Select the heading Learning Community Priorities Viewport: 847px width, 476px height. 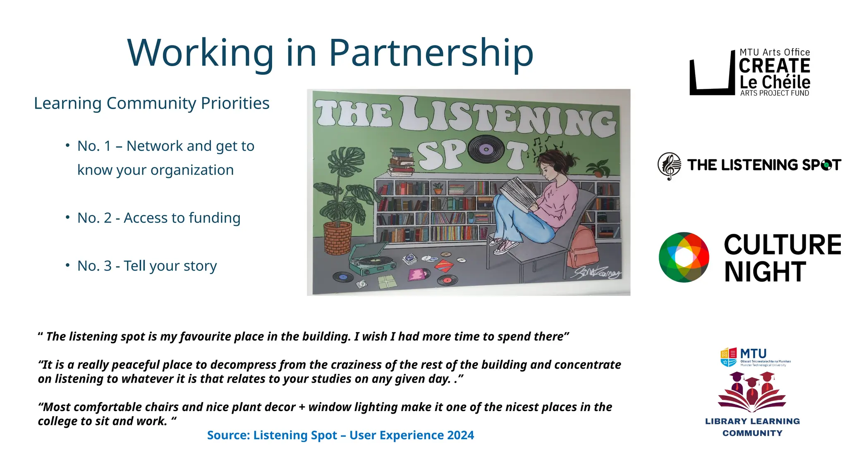pyautogui.click(x=151, y=103)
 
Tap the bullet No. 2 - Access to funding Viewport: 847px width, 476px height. pyautogui.click(x=158, y=218)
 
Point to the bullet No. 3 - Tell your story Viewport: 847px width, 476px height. pyautogui.click(x=147, y=266)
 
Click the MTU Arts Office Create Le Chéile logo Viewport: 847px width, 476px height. pyautogui.click(x=749, y=73)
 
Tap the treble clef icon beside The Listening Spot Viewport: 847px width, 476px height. pyautogui.click(x=669, y=166)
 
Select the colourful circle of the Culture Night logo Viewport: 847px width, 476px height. pyautogui.click(x=684, y=257)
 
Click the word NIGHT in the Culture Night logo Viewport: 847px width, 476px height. pyautogui.click(x=765, y=272)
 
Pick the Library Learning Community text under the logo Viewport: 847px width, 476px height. pyautogui.click(x=752, y=427)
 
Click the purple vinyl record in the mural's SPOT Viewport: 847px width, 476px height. pyautogui.click(x=486, y=149)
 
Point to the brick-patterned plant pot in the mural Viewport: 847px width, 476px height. pyautogui.click(x=337, y=238)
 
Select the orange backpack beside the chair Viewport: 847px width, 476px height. pyautogui.click(x=583, y=247)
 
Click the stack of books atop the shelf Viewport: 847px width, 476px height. pyautogui.click(x=401, y=162)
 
